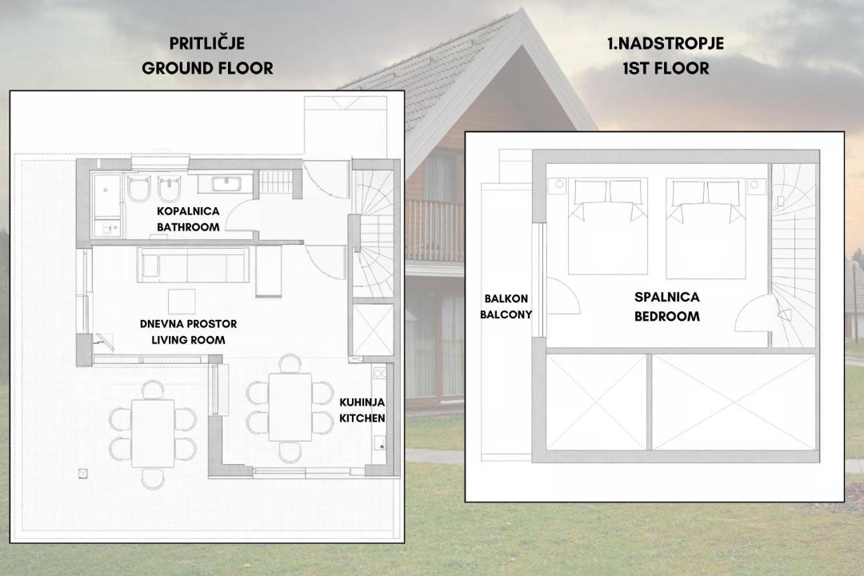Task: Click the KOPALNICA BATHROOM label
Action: (x=188, y=219)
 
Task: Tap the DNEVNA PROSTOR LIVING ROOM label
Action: (x=189, y=332)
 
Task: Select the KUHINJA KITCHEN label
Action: (x=362, y=410)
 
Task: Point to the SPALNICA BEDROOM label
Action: (x=666, y=306)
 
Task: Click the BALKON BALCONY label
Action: (x=506, y=306)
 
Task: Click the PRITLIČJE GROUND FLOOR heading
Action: (x=207, y=56)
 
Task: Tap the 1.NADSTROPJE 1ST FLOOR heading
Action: (x=666, y=56)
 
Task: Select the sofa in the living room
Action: (x=194, y=265)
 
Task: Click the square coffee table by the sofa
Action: (x=182, y=302)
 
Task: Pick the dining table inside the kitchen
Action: (x=290, y=406)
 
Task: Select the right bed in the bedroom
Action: (x=706, y=227)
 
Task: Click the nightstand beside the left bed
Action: (x=560, y=185)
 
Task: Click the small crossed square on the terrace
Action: (x=83, y=473)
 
